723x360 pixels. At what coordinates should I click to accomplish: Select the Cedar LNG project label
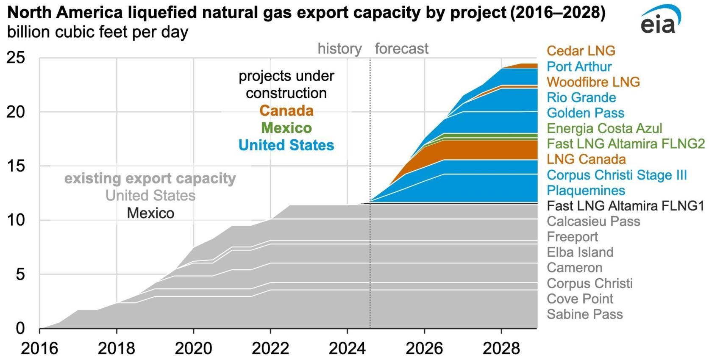click(581, 51)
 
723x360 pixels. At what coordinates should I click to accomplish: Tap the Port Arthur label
click(579, 66)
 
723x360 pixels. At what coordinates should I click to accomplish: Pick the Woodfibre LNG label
click(593, 82)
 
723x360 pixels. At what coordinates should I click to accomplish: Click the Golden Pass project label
click(585, 113)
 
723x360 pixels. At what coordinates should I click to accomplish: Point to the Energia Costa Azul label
click(604, 128)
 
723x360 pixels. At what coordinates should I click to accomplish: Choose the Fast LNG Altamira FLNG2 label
click(626, 144)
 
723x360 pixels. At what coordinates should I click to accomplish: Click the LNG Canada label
click(586, 159)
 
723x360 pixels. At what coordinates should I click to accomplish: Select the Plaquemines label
click(586, 190)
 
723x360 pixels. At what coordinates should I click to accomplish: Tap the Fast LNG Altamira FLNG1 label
click(625, 206)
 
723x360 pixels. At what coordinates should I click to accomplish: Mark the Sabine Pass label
click(584, 314)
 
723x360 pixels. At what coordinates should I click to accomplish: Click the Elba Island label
click(580, 252)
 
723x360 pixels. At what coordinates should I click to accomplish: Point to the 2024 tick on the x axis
click(347, 348)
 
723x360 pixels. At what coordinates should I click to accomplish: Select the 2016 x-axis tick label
click(39, 348)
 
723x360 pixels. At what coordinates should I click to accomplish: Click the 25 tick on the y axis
click(15, 58)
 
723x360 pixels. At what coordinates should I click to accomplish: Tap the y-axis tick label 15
click(15, 166)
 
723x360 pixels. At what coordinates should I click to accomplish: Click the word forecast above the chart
click(401, 49)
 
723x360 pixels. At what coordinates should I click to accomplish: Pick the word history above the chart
click(339, 49)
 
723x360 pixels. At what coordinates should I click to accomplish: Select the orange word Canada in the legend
click(286, 111)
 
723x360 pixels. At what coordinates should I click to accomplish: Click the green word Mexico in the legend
click(286, 128)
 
